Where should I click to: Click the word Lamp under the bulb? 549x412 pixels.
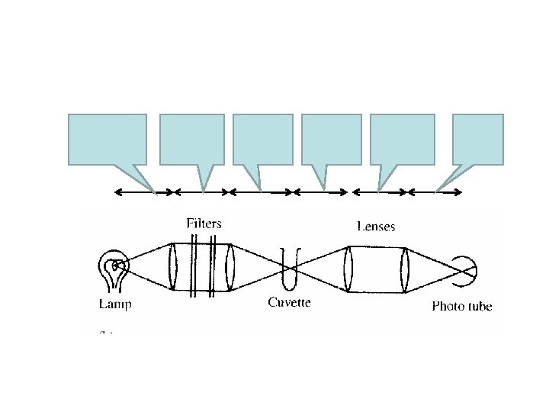[x=115, y=304]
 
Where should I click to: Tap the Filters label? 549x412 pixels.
[x=204, y=224]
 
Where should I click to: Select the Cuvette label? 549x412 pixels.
[x=289, y=303]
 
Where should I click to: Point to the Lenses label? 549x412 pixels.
[x=376, y=226]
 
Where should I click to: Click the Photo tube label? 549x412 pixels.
[x=462, y=307]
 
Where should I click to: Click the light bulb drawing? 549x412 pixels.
[x=114, y=271]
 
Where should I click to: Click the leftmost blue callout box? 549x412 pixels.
[x=108, y=139]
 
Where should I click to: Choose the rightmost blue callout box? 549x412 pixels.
[x=478, y=139]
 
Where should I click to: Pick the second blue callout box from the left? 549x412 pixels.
[x=192, y=139]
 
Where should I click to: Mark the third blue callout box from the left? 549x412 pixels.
[x=263, y=139]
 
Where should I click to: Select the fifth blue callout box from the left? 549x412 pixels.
[x=402, y=139]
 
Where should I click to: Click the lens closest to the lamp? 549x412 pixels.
[x=174, y=267]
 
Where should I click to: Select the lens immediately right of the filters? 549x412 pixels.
[x=230, y=267]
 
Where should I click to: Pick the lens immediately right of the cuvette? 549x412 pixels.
[x=348, y=269]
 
